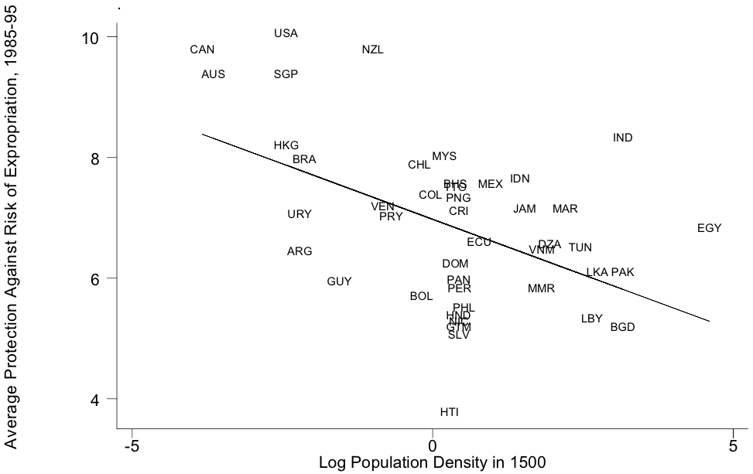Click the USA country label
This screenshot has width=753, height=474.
[286, 33]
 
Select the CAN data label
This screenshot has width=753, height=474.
[202, 49]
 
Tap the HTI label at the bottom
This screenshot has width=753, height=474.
[449, 412]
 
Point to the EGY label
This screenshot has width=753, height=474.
[709, 228]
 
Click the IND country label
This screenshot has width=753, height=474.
[622, 138]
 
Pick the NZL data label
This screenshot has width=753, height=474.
[372, 49]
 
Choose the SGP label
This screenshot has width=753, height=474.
[286, 74]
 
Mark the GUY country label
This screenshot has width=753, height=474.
[339, 281]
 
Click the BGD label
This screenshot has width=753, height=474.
[622, 327]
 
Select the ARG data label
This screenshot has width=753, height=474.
[299, 251]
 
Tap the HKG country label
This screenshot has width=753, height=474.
[286, 145]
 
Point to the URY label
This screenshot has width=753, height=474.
[299, 214]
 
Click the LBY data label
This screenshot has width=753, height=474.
[591, 319]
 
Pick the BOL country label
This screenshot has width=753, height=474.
[421, 296]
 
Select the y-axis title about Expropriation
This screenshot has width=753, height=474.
[11, 224]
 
